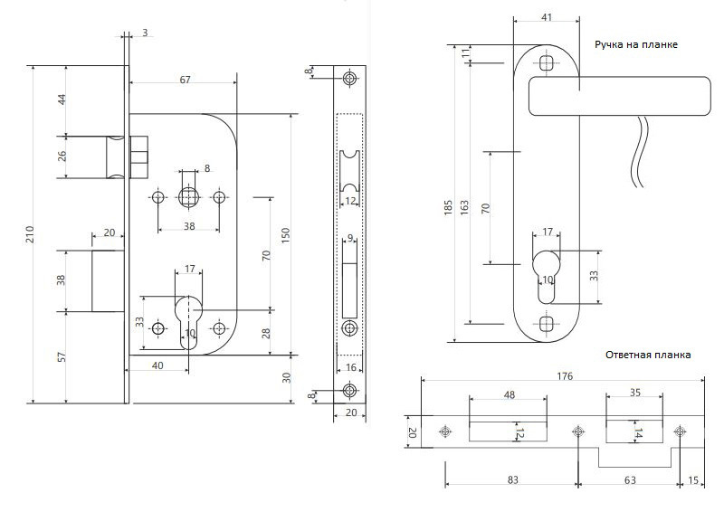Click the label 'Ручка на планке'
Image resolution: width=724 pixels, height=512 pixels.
(636, 45)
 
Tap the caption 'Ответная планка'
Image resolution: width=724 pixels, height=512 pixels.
(648, 355)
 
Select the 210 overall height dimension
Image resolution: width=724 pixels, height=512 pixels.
(30, 234)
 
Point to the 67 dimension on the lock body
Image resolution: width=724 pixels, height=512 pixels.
(185, 80)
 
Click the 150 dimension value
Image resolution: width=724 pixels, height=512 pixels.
(285, 236)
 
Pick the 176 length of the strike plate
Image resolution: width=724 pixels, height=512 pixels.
(564, 375)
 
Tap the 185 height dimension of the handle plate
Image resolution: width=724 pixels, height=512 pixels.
(448, 208)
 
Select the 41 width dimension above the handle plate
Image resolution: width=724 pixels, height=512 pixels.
(547, 17)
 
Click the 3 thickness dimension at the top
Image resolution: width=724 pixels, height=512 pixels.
(145, 33)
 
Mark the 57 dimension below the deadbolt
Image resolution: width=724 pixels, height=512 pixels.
(62, 356)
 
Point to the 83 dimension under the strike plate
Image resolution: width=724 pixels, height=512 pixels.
(512, 480)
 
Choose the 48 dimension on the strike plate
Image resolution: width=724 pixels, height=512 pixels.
(509, 394)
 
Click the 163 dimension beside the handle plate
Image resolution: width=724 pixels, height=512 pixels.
(464, 207)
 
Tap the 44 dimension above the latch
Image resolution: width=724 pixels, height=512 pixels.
(62, 99)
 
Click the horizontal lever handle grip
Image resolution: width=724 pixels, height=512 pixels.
(620, 96)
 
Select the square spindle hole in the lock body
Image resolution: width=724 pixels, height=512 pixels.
(188, 197)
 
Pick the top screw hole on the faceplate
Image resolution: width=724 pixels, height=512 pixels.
(350, 78)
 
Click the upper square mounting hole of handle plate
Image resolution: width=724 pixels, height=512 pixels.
(547, 63)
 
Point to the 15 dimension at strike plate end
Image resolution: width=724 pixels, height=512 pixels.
(692, 480)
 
